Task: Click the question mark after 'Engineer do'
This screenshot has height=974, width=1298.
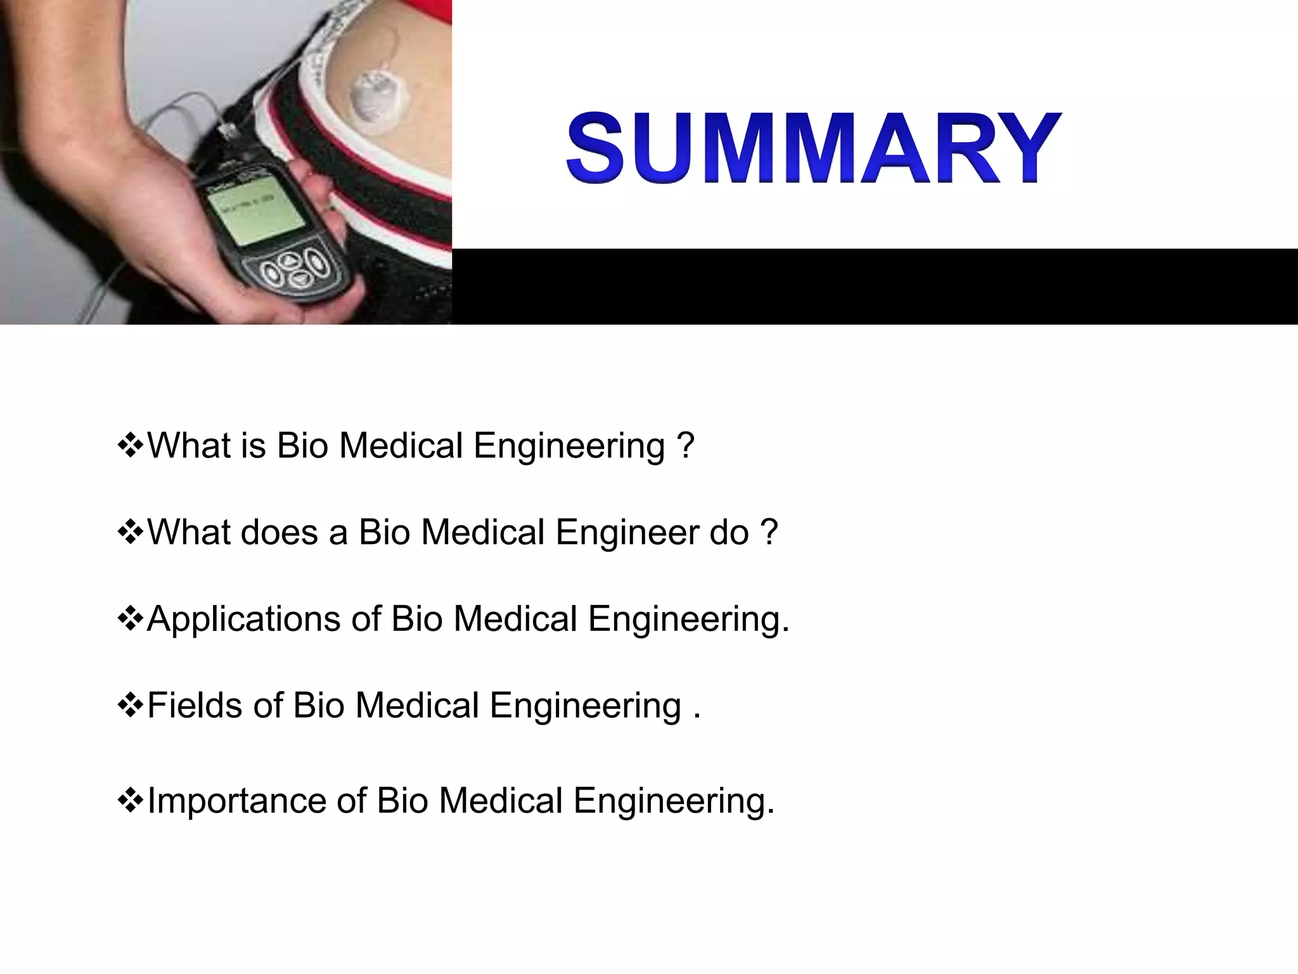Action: pos(768,532)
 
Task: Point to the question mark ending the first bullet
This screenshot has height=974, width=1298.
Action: pos(685,446)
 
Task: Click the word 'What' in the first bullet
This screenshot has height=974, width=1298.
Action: pos(189,446)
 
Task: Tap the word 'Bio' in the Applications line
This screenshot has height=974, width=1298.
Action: pos(416,619)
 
